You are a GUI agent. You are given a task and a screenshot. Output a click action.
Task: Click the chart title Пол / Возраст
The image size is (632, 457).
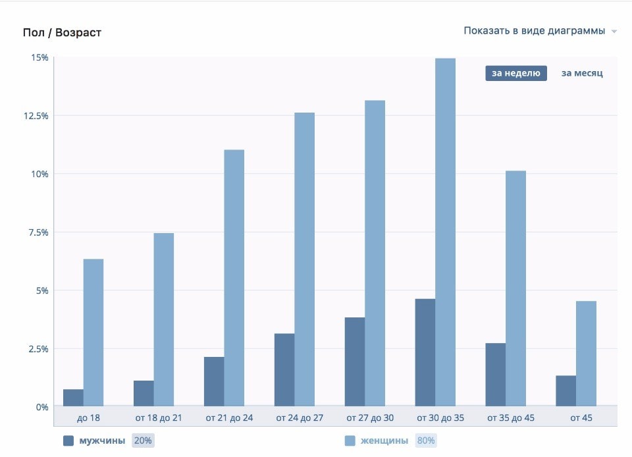pyautogui.click(x=62, y=32)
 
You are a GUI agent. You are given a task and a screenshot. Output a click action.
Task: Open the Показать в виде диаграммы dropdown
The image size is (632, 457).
pyautogui.click(x=539, y=31)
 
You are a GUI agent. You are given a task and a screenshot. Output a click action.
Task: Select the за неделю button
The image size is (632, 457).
pyautogui.click(x=516, y=73)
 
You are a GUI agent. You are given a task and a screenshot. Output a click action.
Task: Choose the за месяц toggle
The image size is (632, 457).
pyautogui.click(x=581, y=73)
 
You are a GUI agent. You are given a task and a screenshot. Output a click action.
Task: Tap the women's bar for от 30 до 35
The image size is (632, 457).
pyautogui.click(x=445, y=232)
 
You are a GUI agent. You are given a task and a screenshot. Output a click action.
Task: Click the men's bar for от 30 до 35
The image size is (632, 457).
pyautogui.click(x=425, y=352)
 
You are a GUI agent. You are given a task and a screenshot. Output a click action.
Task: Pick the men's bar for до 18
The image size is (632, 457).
pyautogui.click(x=73, y=398)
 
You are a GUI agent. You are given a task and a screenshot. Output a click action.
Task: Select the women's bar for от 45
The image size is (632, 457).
pyautogui.click(x=586, y=354)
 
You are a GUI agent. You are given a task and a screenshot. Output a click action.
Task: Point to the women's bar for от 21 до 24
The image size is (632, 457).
pyautogui.click(x=234, y=278)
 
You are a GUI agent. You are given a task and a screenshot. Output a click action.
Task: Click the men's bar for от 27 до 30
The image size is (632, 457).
pyautogui.click(x=354, y=362)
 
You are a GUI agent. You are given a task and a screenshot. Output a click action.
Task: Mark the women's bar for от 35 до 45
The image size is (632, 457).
pyautogui.click(x=515, y=288)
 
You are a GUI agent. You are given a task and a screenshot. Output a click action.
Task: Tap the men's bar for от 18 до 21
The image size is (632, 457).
pyautogui.click(x=144, y=393)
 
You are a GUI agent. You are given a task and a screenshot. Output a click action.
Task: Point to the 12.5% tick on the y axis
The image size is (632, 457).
pyautogui.click(x=36, y=116)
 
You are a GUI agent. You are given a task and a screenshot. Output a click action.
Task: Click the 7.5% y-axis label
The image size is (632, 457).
pyautogui.click(x=38, y=232)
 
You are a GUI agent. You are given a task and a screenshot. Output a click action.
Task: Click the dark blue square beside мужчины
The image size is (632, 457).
pyautogui.click(x=68, y=441)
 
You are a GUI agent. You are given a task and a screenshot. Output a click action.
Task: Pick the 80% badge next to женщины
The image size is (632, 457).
pyautogui.click(x=425, y=441)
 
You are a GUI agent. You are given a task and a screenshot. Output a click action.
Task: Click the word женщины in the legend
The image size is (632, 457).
pyautogui.click(x=384, y=441)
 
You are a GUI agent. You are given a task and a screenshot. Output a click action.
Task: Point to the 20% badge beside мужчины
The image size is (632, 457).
pyautogui.click(x=143, y=441)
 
